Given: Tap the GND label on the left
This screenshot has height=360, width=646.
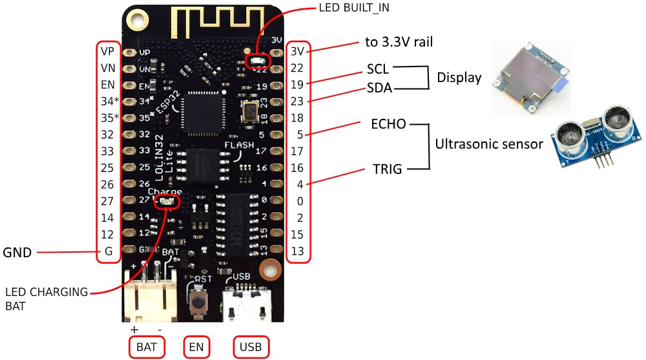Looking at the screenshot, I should point(17,253).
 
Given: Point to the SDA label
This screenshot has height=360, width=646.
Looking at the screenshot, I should point(379,88).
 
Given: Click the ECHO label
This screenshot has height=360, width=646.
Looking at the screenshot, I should point(388,124).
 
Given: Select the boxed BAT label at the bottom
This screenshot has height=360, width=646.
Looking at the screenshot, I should point(147,348).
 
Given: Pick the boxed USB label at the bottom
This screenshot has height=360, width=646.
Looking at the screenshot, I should point(250,348).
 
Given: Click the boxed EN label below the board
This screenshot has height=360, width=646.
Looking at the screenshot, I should point(196,348).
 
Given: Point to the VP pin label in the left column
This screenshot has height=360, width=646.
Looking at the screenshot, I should point(107,50).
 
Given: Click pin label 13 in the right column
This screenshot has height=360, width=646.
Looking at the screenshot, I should point(297,251).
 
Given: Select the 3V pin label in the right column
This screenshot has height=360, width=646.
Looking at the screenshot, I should point(297,50).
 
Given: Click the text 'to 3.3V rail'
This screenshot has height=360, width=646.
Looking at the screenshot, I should point(399,43).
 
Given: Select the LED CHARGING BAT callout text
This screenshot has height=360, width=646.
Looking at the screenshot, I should point(46,299).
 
